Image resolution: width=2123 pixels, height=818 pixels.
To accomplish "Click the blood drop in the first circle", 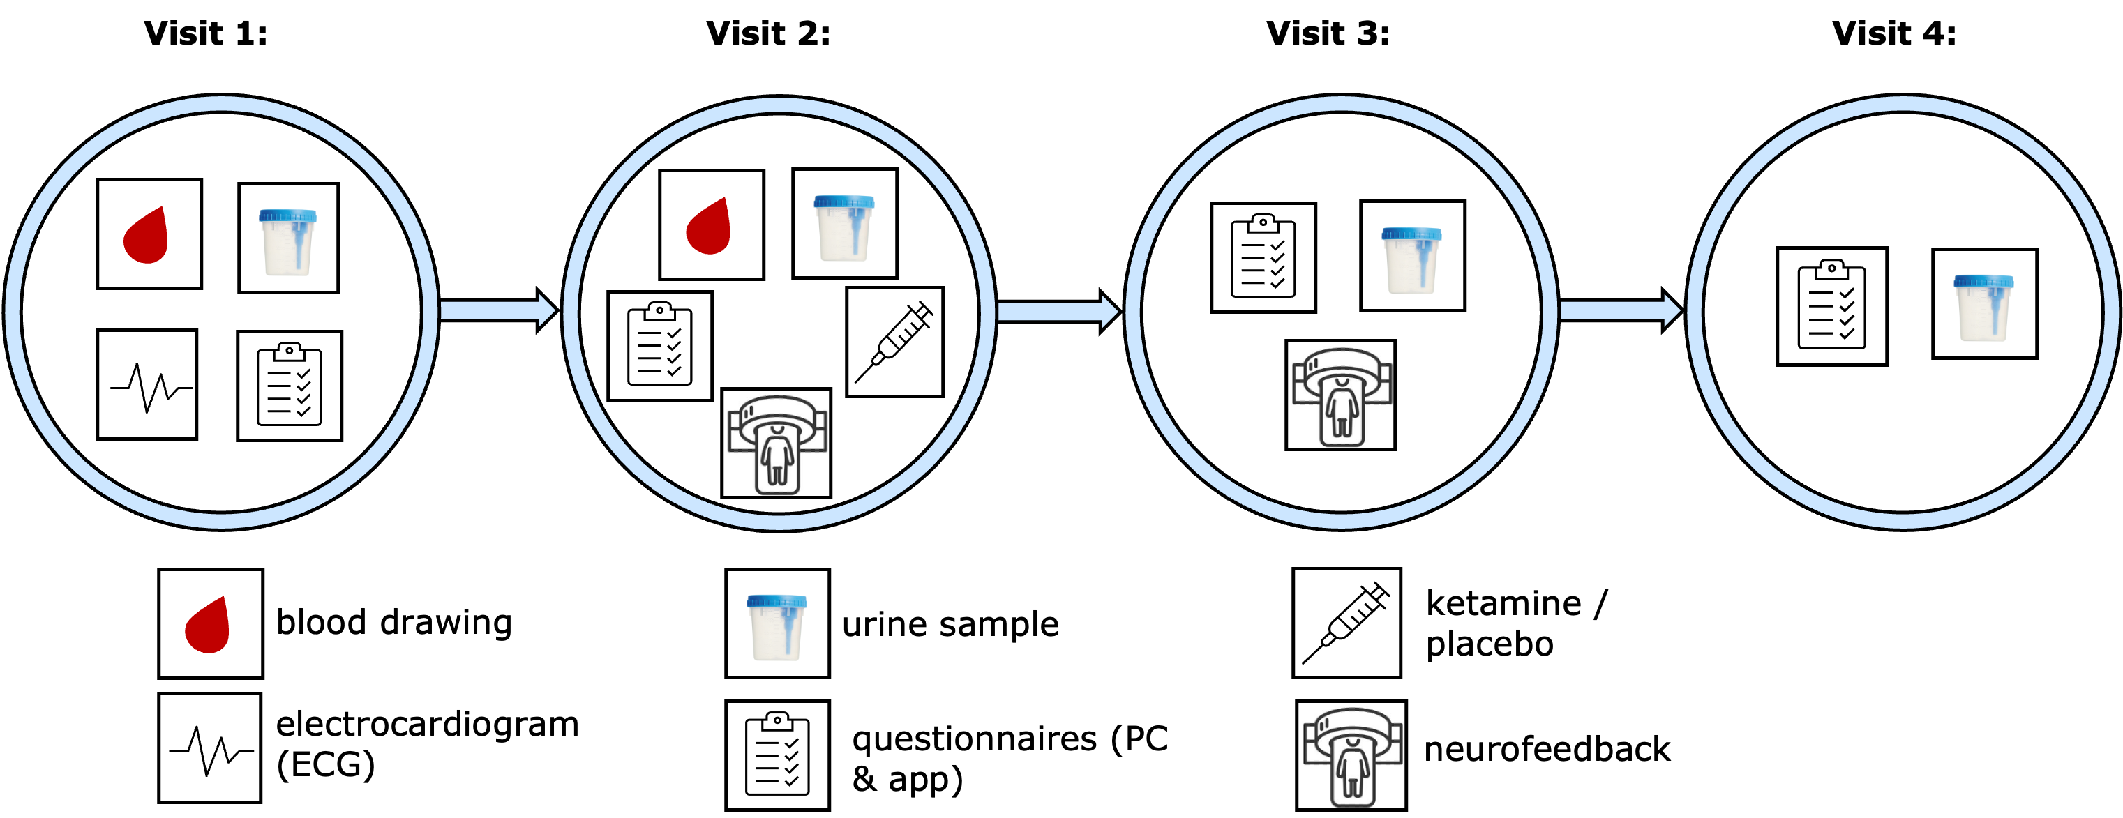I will tap(146, 237).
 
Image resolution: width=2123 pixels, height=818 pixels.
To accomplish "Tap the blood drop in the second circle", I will tap(709, 228).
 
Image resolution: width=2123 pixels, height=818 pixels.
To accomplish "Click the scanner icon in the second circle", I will tap(777, 444).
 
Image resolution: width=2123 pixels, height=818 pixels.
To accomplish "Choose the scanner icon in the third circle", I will tap(1341, 396).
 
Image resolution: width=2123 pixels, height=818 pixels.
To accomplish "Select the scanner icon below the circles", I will tap(1351, 756).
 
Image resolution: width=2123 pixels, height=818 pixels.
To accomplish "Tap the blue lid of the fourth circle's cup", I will tap(1983, 282).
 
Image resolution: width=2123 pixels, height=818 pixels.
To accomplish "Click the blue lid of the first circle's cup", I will tap(287, 215).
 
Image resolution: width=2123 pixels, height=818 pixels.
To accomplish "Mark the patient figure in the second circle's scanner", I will tap(777, 457).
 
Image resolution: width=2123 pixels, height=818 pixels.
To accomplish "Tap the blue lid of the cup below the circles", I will tap(777, 601).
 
